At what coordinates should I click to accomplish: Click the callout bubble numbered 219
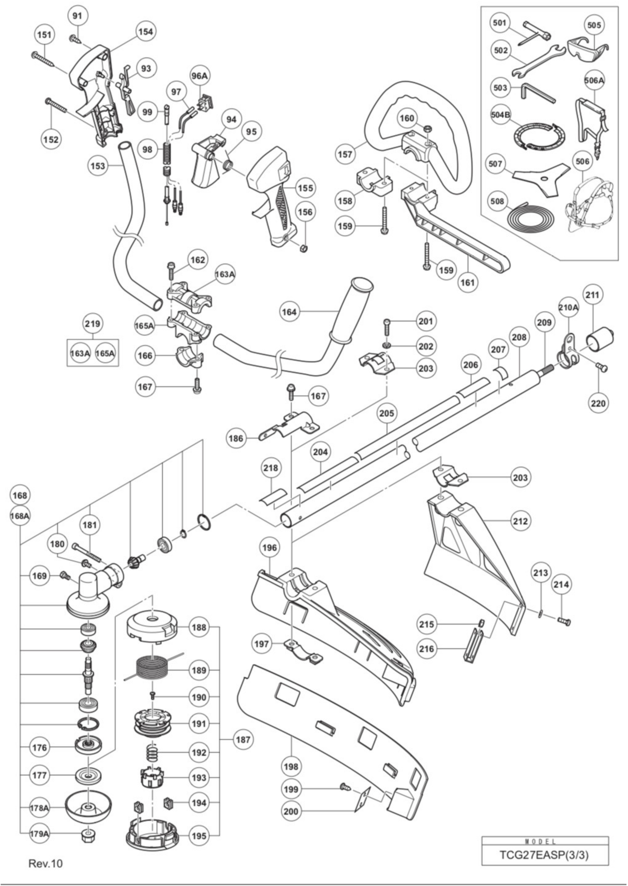(93, 323)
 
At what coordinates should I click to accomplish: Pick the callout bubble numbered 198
(291, 766)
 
